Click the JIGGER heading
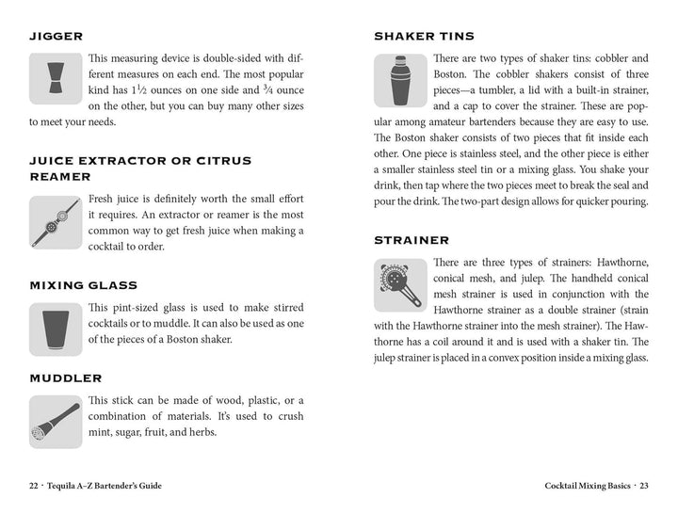click(x=56, y=37)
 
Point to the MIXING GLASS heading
click(x=84, y=285)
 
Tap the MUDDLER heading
click(x=66, y=378)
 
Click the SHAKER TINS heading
click(x=424, y=37)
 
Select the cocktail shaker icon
click(x=400, y=80)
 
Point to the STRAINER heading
click(x=412, y=241)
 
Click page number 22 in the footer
click(x=35, y=486)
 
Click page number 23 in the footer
click(x=643, y=486)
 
